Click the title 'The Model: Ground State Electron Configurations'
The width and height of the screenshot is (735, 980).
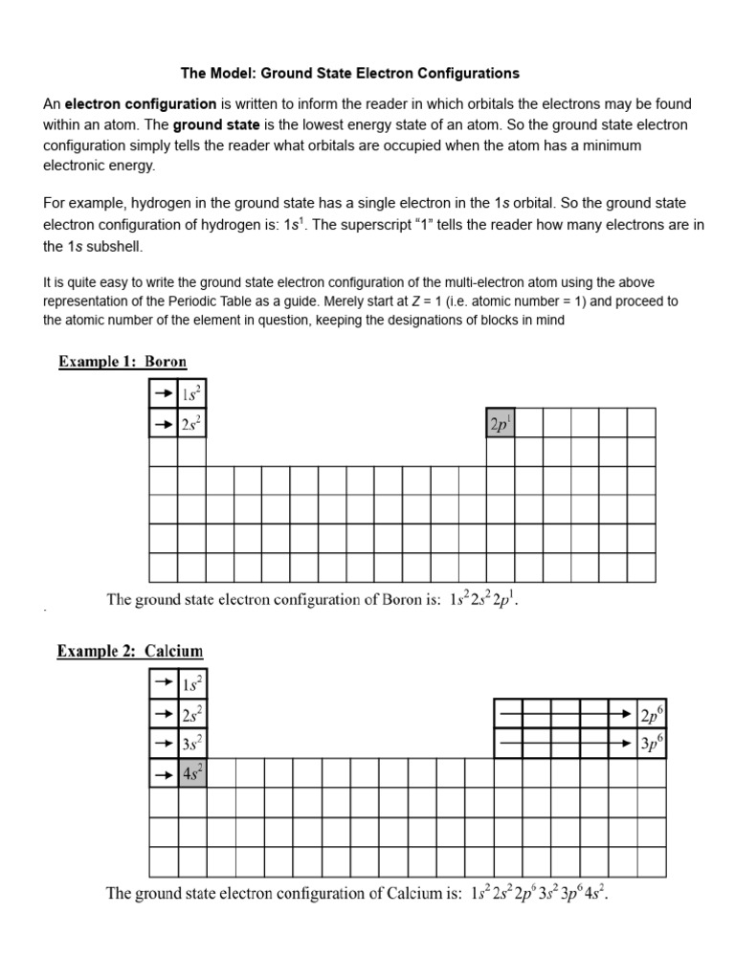[350, 73]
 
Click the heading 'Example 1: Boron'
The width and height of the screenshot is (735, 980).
[122, 362]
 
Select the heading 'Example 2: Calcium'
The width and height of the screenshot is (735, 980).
[130, 651]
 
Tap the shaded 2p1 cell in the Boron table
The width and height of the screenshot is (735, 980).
[500, 423]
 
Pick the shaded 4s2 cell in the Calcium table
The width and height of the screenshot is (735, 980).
[192, 772]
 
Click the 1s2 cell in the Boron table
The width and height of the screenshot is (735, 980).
[191, 393]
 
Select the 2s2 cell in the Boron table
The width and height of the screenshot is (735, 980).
[191, 423]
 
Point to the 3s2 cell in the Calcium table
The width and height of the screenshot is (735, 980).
[192, 743]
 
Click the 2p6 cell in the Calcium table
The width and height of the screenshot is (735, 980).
[651, 714]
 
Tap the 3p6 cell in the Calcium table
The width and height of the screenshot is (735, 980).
[651, 743]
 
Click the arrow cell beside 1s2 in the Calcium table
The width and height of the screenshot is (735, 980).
[164, 684]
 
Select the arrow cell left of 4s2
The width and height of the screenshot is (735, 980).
[164, 772]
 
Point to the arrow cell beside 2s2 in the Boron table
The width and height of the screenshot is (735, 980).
[164, 423]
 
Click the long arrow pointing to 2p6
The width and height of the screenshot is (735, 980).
[565, 714]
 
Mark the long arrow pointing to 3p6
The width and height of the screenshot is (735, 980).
[565, 743]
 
